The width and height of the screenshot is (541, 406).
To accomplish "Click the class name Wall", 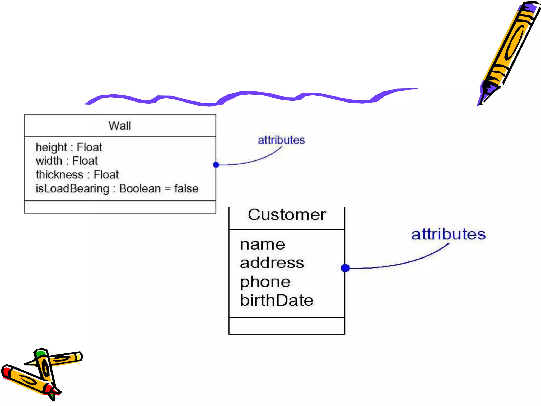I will (120, 126).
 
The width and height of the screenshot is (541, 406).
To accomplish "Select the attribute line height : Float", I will (69, 147).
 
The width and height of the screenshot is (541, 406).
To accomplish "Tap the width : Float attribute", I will (67, 161).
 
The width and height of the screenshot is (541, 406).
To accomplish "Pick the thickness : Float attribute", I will (77, 175).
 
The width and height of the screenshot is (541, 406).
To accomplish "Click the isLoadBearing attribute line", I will (117, 189).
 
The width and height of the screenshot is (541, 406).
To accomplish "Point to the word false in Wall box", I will (186, 189).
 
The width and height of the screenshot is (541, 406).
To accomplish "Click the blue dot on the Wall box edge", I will (216, 165).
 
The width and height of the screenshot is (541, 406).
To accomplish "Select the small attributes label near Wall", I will (281, 140).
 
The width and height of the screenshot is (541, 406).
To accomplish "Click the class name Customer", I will (287, 215).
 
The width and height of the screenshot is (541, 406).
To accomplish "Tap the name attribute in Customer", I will (263, 244).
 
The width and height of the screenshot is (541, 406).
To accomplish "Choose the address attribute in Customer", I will (272, 263).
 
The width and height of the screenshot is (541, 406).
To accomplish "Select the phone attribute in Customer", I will (265, 282).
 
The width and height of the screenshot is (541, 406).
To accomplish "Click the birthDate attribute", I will (277, 301).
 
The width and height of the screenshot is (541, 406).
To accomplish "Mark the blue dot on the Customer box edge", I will (345, 268).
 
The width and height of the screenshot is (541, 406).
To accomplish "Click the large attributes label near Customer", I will (448, 234).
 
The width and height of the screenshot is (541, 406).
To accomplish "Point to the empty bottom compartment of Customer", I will (287, 326).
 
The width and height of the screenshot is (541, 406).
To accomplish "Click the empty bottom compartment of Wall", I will (120, 207).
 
